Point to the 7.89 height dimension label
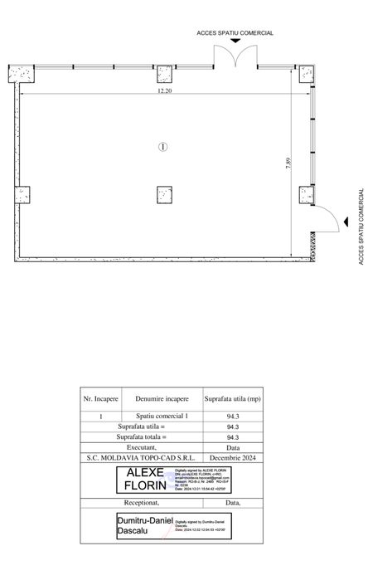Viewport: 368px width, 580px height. pyautogui.click(x=288, y=163)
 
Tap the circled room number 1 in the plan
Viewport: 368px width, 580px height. pyautogui.click(x=163, y=147)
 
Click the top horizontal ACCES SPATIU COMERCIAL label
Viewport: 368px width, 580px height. pyautogui.click(x=235, y=33)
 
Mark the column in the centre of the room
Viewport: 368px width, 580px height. pyautogui.click(x=164, y=196)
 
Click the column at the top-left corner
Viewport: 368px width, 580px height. pyautogui.click(x=22, y=74)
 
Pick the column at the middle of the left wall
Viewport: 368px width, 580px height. pyautogui.click(x=22, y=196)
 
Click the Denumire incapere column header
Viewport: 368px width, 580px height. pyautogui.click(x=162, y=399)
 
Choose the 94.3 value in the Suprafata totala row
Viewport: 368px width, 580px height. pyautogui.click(x=232, y=436)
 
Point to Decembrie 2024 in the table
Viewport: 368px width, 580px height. pyautogui.click(x=232, y=456)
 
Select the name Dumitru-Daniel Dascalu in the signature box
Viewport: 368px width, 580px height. pyautogui.click(x=142, y=524)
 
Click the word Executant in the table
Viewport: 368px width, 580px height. pyautogui.click(x=142, y=446)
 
